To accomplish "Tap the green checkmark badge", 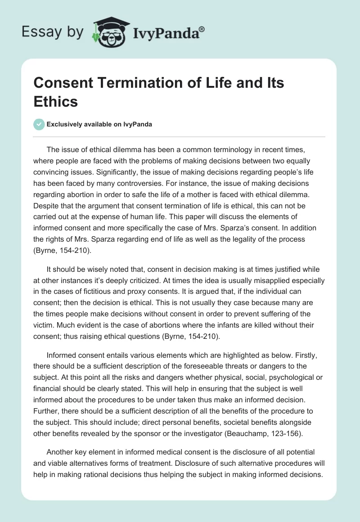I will coord(39,124).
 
